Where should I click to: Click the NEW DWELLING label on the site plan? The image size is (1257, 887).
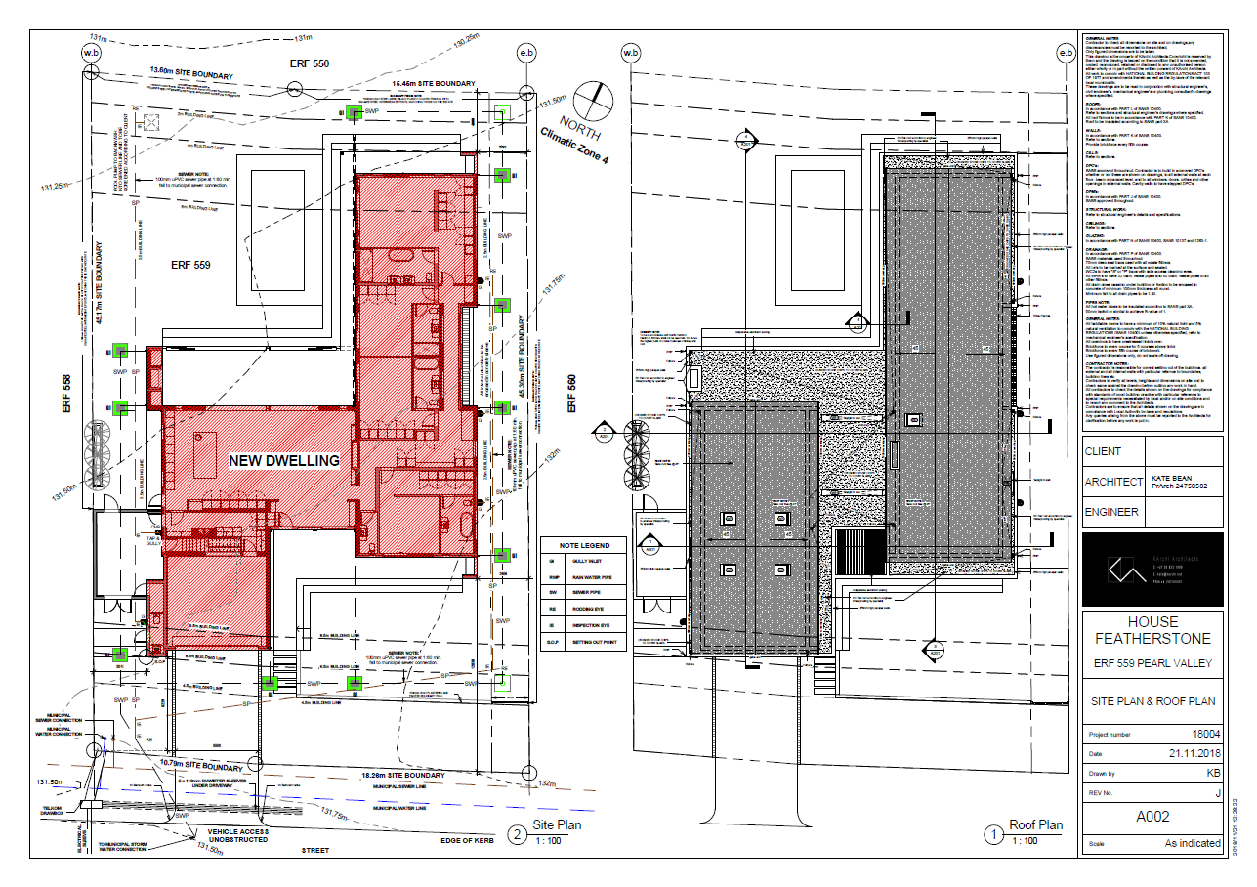(x=283, y=460)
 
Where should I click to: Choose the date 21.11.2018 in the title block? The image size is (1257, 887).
(x=1194, y=754)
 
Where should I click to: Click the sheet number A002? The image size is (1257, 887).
(x=1152, y=817)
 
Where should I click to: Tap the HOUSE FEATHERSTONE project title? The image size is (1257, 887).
(x=1152, y=630)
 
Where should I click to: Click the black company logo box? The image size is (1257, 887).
(x=1152, y=569)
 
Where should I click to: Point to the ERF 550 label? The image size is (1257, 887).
(x=311, y=63)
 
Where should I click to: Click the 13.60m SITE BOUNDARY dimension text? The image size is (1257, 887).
(x=190, y=72)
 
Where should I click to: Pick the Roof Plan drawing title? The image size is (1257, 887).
(x=1036, y=824)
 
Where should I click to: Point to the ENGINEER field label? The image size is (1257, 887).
(x=1112, y=511)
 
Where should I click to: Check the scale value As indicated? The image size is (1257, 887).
(x=1192, y=843)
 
